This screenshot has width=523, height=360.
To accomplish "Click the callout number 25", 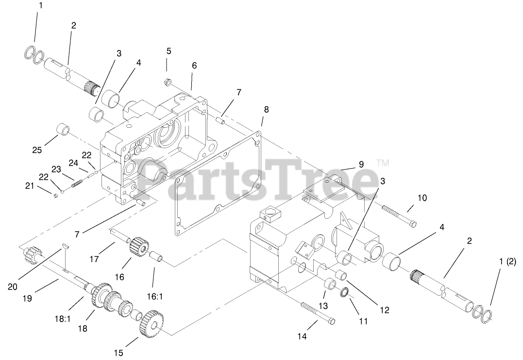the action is (x=37, y=150).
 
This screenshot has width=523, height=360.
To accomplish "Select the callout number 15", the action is (x=119, y=353).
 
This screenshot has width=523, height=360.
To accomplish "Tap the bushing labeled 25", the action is (x=64, y=130).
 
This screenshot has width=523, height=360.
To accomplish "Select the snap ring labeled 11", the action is (x=344, y=293).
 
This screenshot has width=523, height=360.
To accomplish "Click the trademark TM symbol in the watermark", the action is (x=383, y=163).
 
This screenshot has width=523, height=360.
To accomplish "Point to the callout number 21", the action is (x=30, y=185).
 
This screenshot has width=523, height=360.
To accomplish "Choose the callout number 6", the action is (x=194, y=65).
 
